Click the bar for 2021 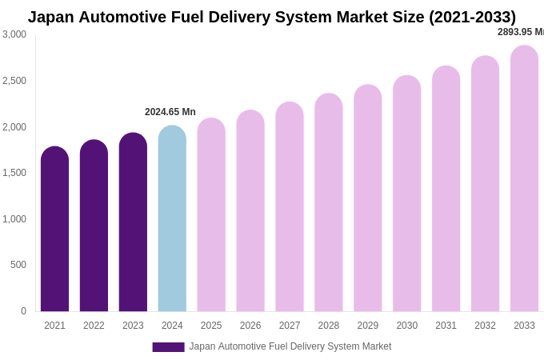54,230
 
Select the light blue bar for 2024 172,219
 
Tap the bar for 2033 524,179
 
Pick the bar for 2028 328,203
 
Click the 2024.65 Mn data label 170,112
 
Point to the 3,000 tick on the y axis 14,34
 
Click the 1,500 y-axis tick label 14,173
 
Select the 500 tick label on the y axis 18,265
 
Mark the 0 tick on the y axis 23,311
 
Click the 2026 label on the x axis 250,326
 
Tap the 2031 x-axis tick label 446,326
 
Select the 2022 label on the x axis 94,326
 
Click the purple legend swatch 168,347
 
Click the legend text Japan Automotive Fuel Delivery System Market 290,346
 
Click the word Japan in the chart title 50,17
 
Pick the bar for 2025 211,215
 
